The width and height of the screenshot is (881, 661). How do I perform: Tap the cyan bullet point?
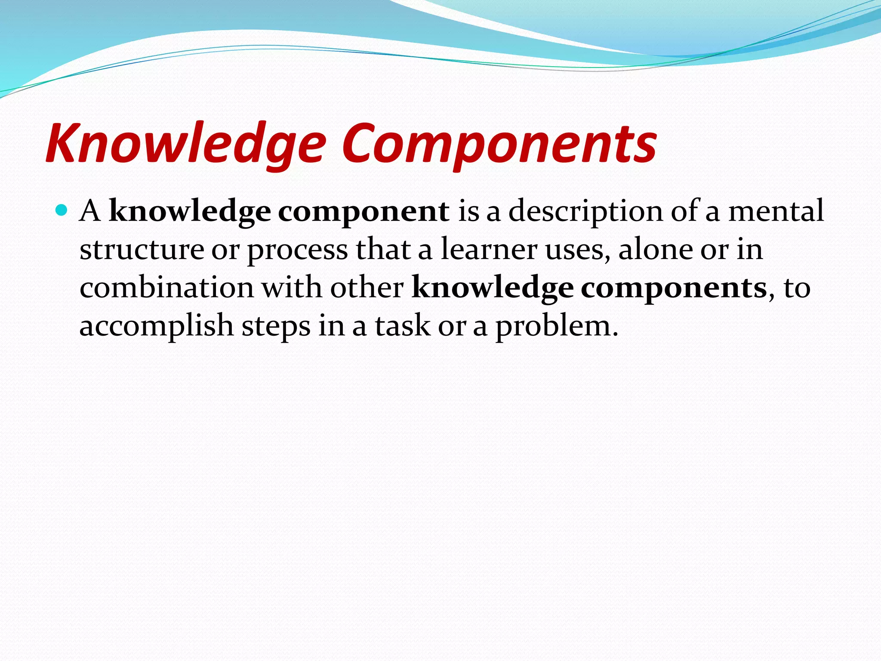click(62, 210)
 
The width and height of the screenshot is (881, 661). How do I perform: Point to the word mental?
click(776, 211)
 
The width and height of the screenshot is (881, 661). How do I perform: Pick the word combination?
click(166, 287)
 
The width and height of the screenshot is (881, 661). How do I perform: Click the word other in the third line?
click(367, 287)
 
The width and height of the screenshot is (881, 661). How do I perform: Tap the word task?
click(402, 326)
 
